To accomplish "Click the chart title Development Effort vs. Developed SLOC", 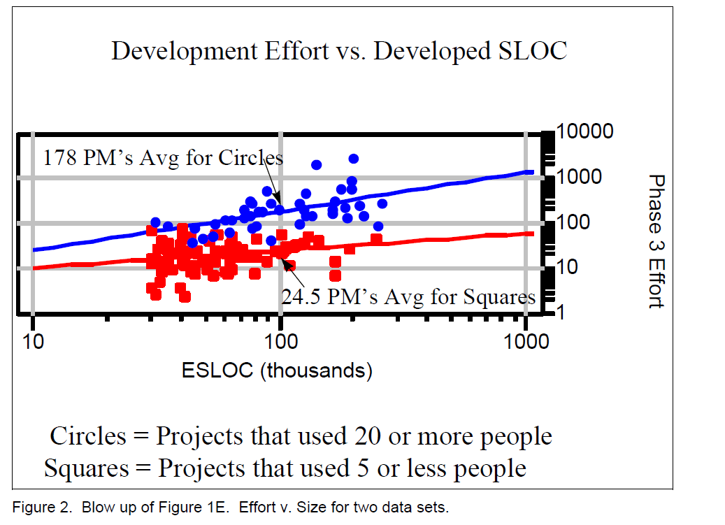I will point(339,52).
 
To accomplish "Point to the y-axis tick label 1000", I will point(579,176).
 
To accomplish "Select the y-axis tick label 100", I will point(574,222).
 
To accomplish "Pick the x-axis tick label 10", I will point(33,343).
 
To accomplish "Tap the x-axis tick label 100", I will point(280,343).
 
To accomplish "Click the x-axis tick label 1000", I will point(525,343).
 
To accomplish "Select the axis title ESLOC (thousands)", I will point(277,370).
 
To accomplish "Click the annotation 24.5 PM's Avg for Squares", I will point(408,297).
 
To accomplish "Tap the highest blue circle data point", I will point(353,159).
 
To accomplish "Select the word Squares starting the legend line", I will point(87,468).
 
